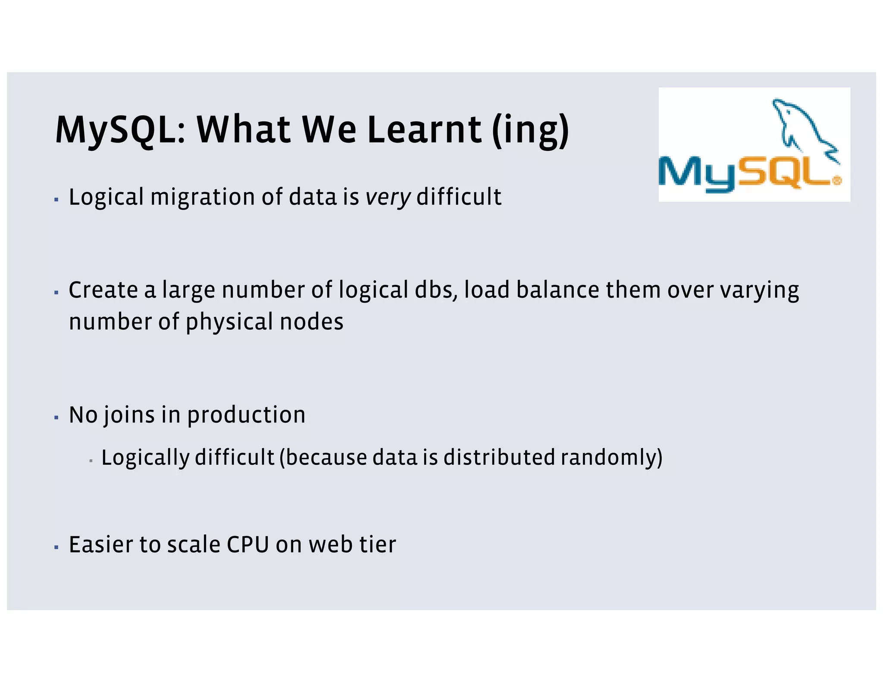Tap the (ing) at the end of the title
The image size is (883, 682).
[531, 130]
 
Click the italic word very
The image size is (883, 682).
[388, 197]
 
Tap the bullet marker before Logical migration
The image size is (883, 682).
[56, 200]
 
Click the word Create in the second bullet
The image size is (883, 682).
[103, 290]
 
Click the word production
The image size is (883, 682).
[246, 416]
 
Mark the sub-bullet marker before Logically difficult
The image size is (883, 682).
[91, 461]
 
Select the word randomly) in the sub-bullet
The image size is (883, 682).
[611, 458]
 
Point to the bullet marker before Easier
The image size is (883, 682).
[56, 547]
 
